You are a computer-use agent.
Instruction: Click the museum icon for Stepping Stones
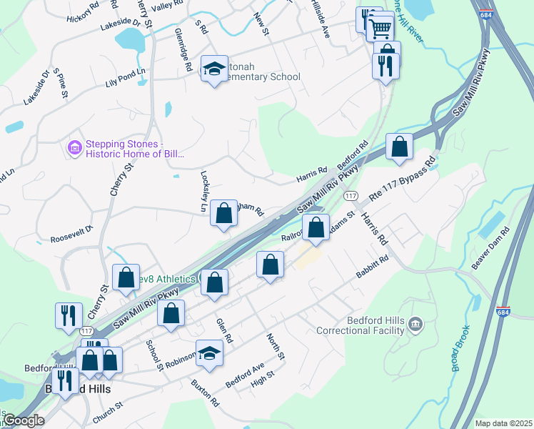pyautogui.click(x=74, y=148)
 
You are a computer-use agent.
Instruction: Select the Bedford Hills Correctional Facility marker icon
pyautogui.click(x=415, y=326)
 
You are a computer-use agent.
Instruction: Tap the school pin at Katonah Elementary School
pyautogui.click(x=212, y=69)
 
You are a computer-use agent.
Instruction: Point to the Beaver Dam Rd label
pyautogui.click(x=495, y=245)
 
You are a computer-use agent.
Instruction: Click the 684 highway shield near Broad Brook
pyautogui.click(x=503, y=312)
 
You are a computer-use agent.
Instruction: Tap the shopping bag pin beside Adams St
pyautogui.click(x=316, y=227)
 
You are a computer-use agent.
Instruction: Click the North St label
pyautogui.click(x=276, y=347)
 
